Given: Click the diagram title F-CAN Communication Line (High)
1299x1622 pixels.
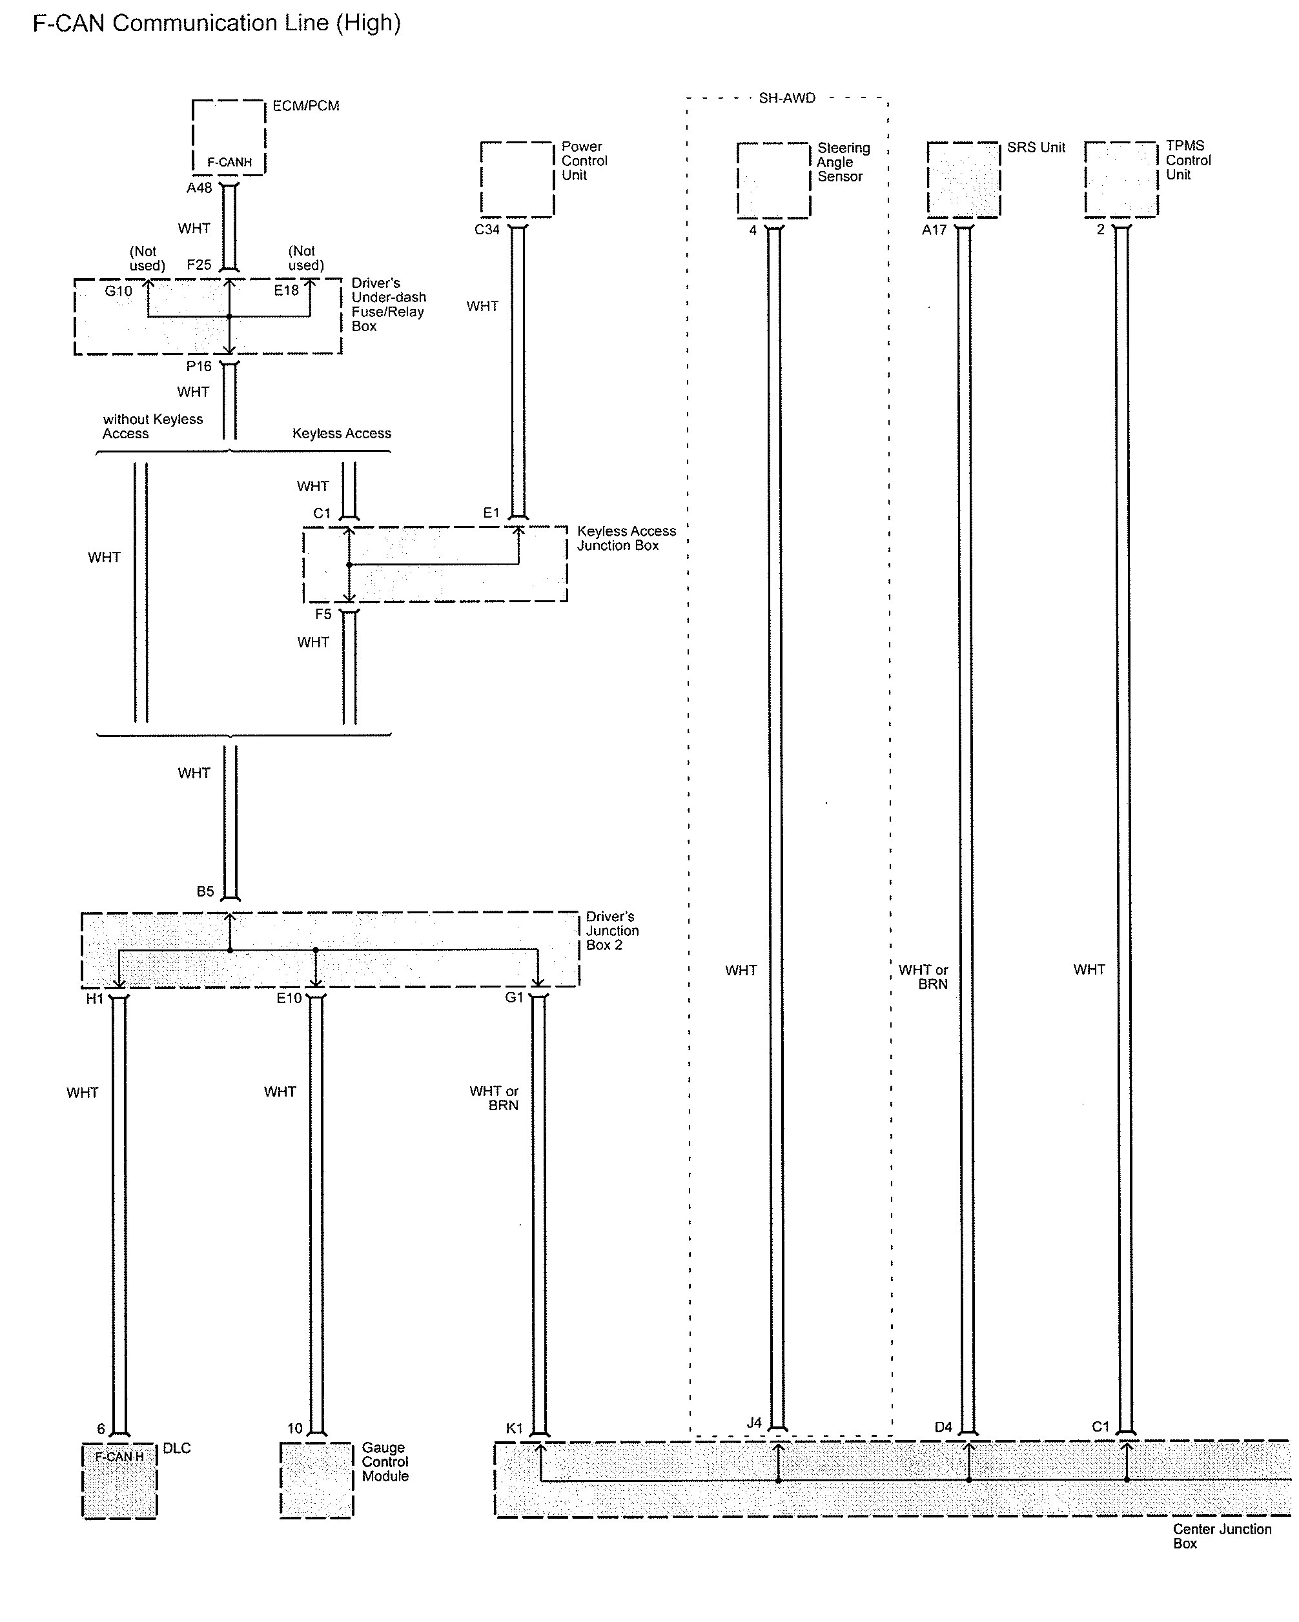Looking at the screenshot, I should tap(217, 23).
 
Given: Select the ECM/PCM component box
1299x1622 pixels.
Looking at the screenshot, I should tap(229, 137).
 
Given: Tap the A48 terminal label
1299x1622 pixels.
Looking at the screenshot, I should tap(199, 188).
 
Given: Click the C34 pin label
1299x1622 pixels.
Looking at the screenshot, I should tap(487, 230).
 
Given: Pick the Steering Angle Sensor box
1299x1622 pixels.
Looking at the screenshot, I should tap(773, 181).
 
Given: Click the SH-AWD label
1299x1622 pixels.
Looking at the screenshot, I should tap(786, 99).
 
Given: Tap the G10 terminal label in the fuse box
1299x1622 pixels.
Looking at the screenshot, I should tap(118, 291).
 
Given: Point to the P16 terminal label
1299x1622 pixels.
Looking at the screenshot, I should tap(199, 367).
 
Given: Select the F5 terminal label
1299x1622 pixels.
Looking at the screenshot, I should tap(323, 614).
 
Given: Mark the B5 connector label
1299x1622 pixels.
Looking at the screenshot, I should tap(205, 891).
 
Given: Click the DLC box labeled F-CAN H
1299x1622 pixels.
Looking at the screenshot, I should tap(119, 1481).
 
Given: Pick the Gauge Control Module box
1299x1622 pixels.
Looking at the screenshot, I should tap(316, 1481).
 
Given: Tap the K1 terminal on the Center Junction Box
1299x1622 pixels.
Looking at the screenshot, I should tap(514, 1428).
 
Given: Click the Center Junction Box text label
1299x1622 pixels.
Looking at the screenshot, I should tap(1222, 1536).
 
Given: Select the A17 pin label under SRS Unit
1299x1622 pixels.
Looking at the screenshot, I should tap(934, 230).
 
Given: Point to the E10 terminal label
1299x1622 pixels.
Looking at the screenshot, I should tap(289, 999).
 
